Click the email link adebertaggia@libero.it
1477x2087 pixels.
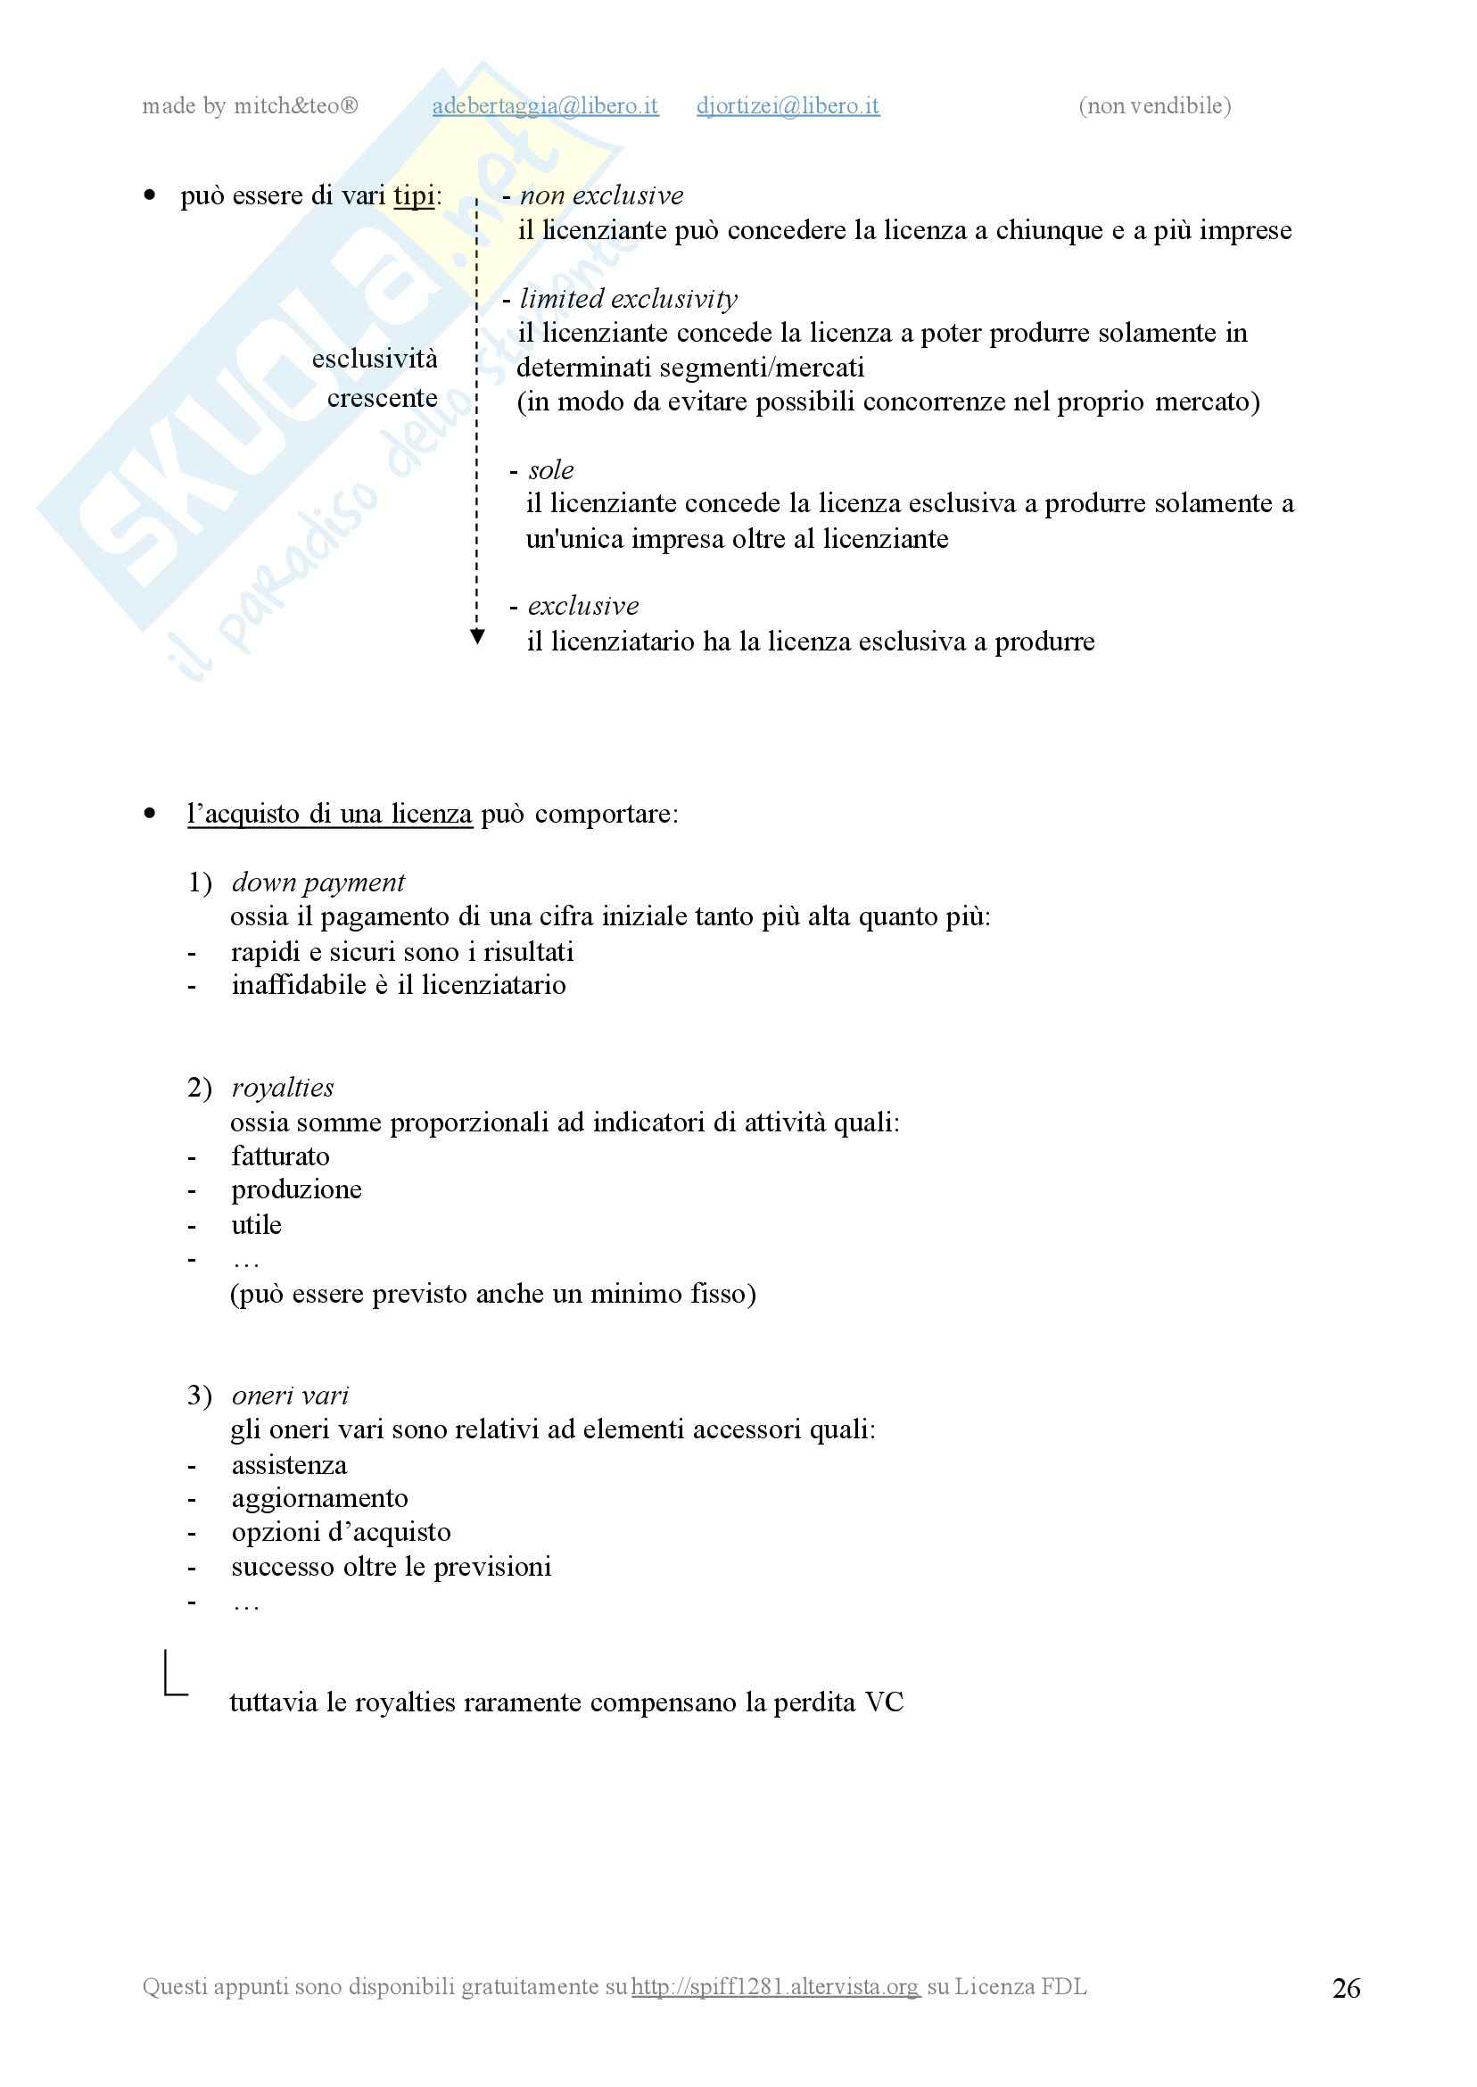click(x=545, y=106)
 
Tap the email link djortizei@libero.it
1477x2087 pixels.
click(x=788, y=106)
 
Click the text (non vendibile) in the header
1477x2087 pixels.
click(x=1154, y=106)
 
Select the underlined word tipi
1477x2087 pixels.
click(x=414, y=195)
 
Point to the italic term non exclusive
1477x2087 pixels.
click(x=601, y=195)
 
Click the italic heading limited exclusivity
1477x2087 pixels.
click(x=628, y=298)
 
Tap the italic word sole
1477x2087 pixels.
click(x=550, y=469)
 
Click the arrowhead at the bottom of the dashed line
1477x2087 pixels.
click(x=476, y=637)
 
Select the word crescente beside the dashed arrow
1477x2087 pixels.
click(x=382, y=399)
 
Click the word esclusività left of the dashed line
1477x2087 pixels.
click(x=374, y=360)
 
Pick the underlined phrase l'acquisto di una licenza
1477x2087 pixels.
click(x=329, y=814)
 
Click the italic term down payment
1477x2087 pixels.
click(x=318, y=882)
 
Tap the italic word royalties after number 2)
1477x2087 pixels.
click(x=282, y=1088)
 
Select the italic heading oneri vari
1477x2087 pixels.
click(x=289, y=1395)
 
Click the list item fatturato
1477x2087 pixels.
click(x=280, y=1156)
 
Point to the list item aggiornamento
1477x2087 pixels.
click(x=319, y=1498)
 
